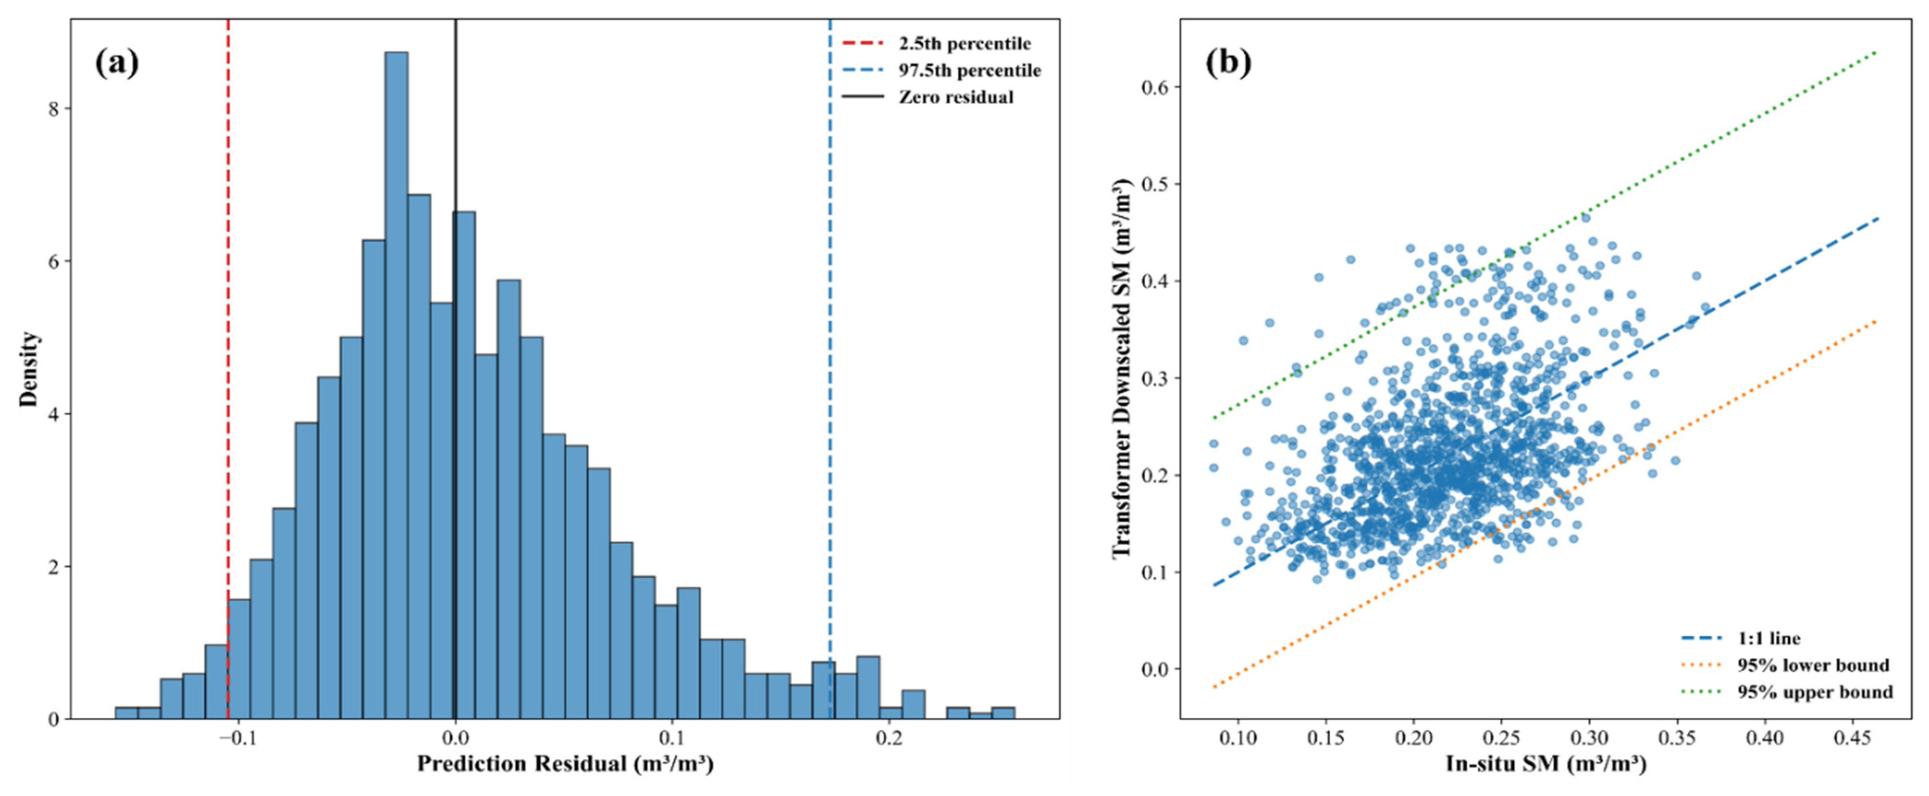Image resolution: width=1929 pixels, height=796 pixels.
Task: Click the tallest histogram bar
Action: click(396, 386)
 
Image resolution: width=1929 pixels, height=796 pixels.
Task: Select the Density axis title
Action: click(28, 369)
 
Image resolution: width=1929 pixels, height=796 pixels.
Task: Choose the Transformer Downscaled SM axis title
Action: click(1121, 369)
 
